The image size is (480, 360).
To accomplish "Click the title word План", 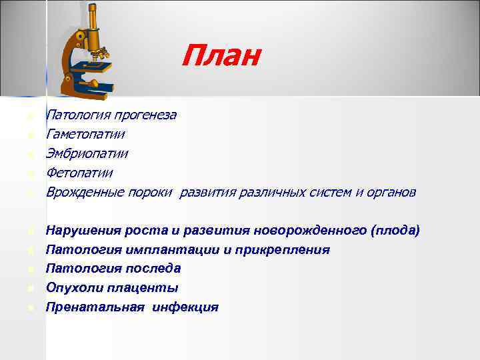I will click(x=221, y=56).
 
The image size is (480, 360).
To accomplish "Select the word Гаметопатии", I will click(x=85, y=135).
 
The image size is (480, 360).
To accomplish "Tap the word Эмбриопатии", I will click(x=87, y=154).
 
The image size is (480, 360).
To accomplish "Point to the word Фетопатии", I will click(x=79, y=173).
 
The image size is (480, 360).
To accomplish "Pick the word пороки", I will click(x=153, y=193).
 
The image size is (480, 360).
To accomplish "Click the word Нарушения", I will click(x=82, y=231).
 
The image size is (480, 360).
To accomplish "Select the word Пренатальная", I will click(x=93, y=307).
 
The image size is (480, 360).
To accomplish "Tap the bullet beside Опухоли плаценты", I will click(x=31, y=289).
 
